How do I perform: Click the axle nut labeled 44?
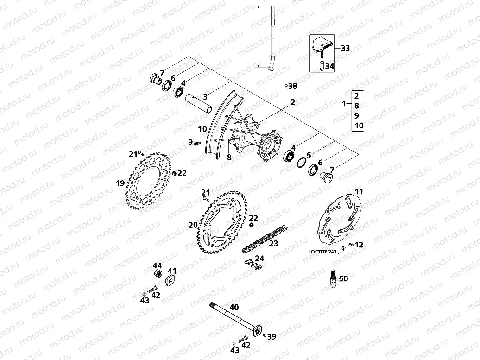pyautogui.click(x=157, y=273)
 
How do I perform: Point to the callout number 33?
pyautogui.click(x=345, y=48)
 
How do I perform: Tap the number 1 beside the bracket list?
pyautogui.click(x=343, y=103)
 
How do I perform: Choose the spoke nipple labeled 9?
pyautogui.click(x=196, y=144)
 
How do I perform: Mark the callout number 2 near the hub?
pyautogui.click(x=293, y=101)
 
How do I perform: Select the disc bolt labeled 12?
pyautogui.click(x=351, y=245)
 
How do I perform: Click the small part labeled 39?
pyautogui.click(x=264, y=336)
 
